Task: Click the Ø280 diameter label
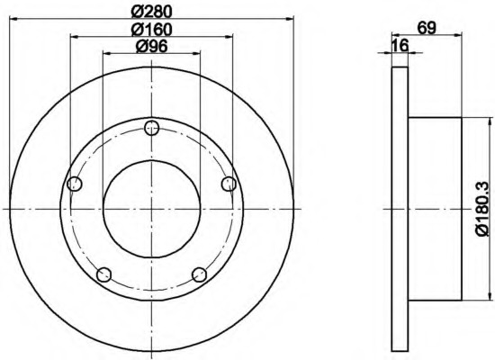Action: pos(152,12)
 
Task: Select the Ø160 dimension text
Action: pos(152,30)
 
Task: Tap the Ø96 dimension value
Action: pos(151,47)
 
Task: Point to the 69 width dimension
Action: pos(427,28)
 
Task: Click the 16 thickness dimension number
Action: pos(400,46)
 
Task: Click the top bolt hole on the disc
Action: pos(151,128)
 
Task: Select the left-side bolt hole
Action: pos(75,184)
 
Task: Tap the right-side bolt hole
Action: pos(229,184)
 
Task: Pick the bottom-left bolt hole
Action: pos(103,274)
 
